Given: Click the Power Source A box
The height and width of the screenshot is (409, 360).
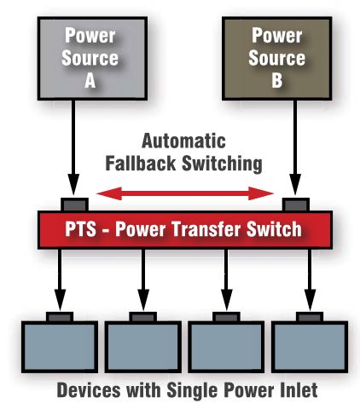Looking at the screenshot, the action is click(92, 58).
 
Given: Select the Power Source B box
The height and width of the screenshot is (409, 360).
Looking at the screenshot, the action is click(277, 58).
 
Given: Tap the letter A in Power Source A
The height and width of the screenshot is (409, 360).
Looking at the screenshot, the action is click(90, 81).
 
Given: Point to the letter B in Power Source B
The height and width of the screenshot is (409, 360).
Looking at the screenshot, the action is click(276, 81).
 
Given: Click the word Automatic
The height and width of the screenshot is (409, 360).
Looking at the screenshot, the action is click(183, 141).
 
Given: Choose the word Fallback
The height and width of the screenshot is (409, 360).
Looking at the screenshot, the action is click(141, 163).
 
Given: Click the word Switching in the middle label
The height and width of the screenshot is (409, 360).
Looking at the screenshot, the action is click(222, 164).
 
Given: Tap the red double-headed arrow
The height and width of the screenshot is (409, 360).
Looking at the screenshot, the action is click(185, 193).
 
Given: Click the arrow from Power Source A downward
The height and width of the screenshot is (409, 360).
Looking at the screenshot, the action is click(73, 147).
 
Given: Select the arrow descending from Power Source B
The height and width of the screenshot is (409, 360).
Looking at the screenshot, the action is click(295, 147).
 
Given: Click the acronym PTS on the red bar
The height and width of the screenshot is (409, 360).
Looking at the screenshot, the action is click(80, 229).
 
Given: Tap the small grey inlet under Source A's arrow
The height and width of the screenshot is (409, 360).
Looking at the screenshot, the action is click(74, 204).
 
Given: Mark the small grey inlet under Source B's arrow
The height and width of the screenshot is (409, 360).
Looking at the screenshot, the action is click(296, 204).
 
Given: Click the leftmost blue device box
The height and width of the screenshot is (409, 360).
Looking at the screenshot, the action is click(60, 347).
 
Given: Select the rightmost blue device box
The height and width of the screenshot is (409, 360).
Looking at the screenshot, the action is click(310, 347).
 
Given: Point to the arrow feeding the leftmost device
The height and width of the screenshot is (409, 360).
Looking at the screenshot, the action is click(60, 280).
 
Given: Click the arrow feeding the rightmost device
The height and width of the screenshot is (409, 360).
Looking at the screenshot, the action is click(310, 280).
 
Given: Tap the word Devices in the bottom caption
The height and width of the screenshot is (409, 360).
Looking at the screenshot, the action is click(89, 390).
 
